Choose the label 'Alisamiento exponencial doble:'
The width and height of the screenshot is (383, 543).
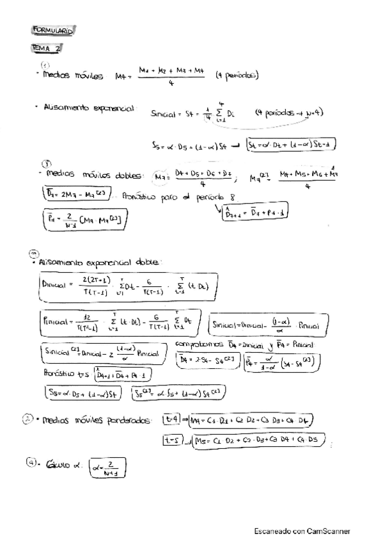coord(102,262)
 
